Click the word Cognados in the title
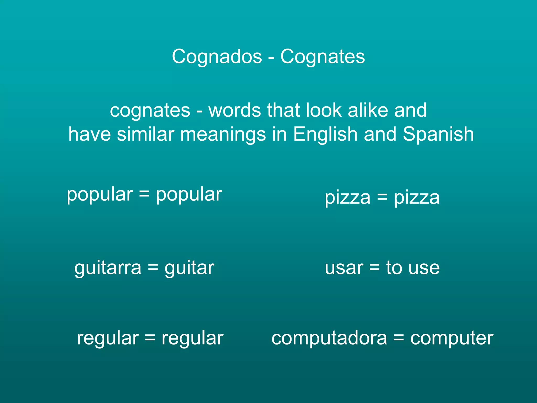click(217, 56)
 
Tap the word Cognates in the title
click(323, 56)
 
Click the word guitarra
click(108, 268)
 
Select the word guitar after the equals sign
click(189, 268)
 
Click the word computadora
click(329, 338)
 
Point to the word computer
click(452, 338)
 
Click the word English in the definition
click(325, 134)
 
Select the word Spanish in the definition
click(438, 134)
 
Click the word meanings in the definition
click(223, 134)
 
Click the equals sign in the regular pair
click(150, 338)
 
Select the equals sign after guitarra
click(153, 268)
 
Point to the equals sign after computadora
click(399, 338)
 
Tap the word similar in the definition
click(146, 134)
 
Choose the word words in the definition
click(235, 110)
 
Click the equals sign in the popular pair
click(144, 194)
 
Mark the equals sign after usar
click(374, 268)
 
